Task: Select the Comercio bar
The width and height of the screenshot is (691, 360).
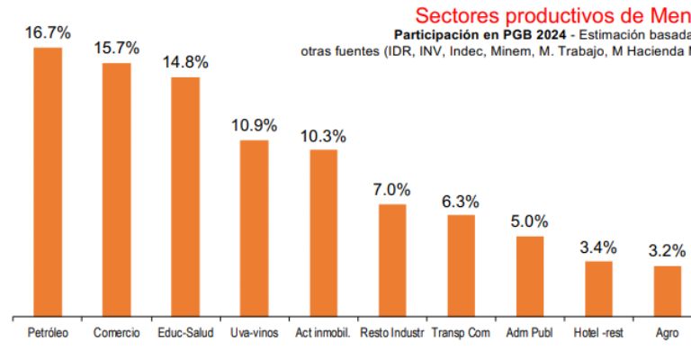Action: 116,190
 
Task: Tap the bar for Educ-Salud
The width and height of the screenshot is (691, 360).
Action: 185,197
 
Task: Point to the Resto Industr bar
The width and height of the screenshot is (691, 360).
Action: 392,260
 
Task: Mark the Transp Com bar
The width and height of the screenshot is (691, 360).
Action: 461,265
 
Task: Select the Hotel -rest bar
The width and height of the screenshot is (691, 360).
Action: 598,289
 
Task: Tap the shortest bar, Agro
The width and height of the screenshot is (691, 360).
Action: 667,291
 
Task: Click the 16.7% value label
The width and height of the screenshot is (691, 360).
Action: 48,32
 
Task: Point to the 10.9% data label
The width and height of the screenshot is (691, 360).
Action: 254,126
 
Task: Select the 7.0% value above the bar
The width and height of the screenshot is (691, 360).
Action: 391,190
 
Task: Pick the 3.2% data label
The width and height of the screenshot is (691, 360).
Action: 667,251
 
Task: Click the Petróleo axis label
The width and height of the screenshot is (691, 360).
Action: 48,333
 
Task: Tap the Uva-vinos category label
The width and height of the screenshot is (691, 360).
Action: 254,333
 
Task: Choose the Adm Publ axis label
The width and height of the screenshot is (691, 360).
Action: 529,333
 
